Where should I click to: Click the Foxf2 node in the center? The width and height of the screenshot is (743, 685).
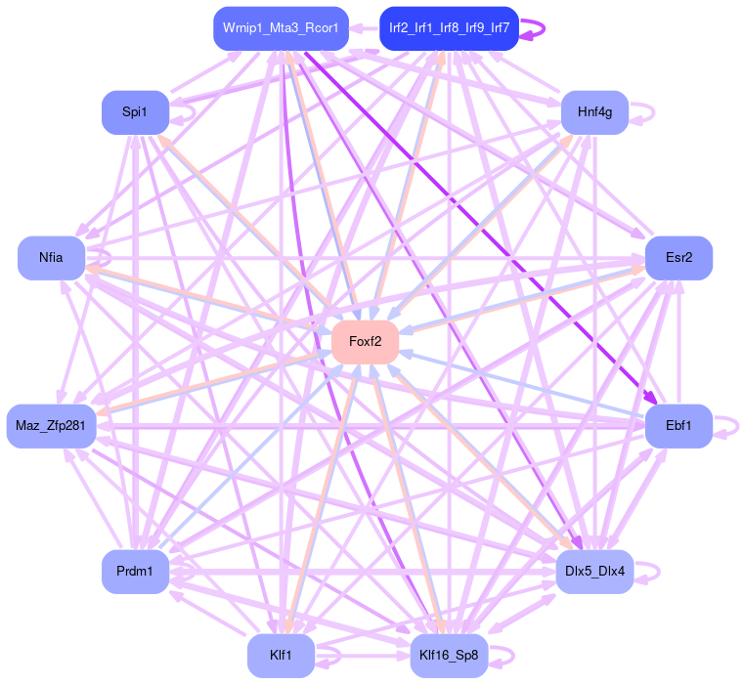coord(365,342)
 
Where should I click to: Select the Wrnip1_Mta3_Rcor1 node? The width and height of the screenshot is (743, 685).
coord(281,27)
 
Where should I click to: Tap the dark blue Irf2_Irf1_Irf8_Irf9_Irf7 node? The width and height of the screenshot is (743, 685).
coord(449,27)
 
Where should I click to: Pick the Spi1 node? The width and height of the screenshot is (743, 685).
coord(135,112)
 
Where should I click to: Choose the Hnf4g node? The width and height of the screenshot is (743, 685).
coord(594,112)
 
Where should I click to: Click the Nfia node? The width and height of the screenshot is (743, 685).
coord(51,258)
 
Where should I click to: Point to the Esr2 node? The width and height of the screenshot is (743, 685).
coord(678,258)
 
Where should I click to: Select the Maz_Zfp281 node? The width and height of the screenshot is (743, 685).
coord(51,426)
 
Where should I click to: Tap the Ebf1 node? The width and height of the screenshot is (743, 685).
coord(678,426)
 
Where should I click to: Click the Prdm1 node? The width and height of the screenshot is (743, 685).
coord(135,571)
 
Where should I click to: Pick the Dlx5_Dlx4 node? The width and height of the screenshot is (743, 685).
coord(594,571)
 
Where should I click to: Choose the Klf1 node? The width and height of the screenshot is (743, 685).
coord(281,656)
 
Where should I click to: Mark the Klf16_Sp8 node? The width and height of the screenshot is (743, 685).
coord(449,656)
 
